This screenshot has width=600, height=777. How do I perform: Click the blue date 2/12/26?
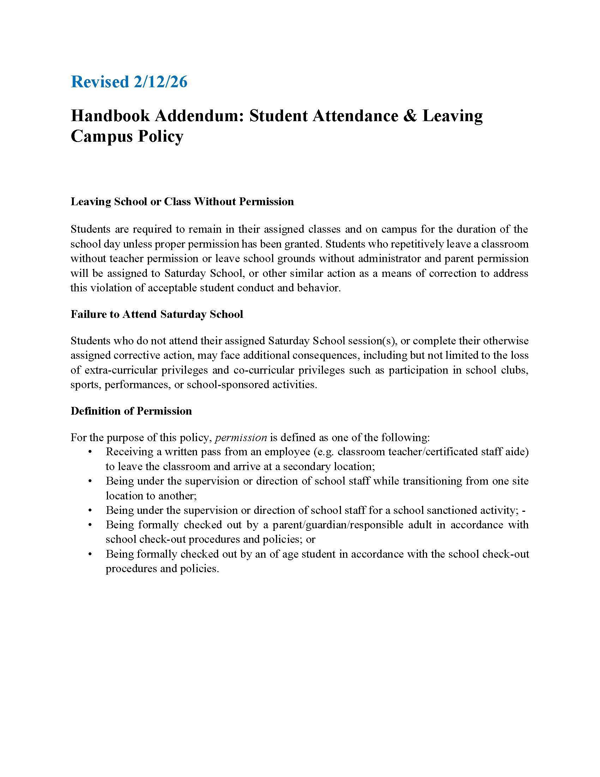point(160,82)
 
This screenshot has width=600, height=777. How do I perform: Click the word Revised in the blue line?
point(100,82)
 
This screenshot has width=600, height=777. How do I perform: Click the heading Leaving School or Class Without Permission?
point(182,202)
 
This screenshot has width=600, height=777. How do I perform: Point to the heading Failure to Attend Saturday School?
point(157,314)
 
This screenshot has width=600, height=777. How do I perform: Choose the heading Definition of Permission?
point(131,411)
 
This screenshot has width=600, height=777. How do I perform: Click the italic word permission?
point(241,437)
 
